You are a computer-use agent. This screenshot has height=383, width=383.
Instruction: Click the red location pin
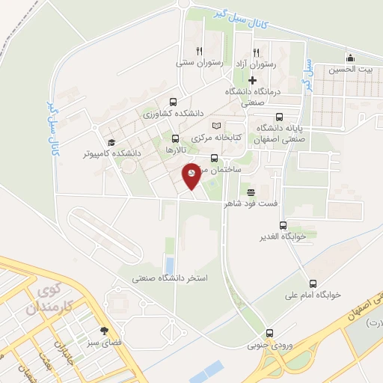coord(191,174)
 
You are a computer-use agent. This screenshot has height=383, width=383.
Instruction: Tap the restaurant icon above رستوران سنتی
coord(199,52)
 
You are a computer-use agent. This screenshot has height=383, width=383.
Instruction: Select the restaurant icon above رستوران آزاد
coord(257,52)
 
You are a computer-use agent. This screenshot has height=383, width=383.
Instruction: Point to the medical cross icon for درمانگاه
coord(252,80)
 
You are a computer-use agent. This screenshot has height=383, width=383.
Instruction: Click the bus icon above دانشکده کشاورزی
coord(174,102)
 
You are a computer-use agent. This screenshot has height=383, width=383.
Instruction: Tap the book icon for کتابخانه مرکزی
coord(216,126)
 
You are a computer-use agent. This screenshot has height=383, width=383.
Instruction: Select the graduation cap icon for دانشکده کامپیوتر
coord(111,142)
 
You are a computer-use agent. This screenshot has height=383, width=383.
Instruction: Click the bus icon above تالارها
coord(175,138)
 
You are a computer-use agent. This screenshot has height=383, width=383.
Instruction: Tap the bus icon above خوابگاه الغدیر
coord(282,225)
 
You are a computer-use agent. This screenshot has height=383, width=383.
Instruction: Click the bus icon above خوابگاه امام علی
coord(312,284)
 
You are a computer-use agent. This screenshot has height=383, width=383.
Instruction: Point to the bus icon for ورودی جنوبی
coord(271,334)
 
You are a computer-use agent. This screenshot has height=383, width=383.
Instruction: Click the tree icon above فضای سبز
coord(104,331)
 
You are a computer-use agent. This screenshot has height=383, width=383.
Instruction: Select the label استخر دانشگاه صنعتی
coord(169,278)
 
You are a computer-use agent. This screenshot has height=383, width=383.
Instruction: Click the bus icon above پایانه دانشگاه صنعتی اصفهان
coord(280,117)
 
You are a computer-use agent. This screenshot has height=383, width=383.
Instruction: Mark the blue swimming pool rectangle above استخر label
coord(169,265)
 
